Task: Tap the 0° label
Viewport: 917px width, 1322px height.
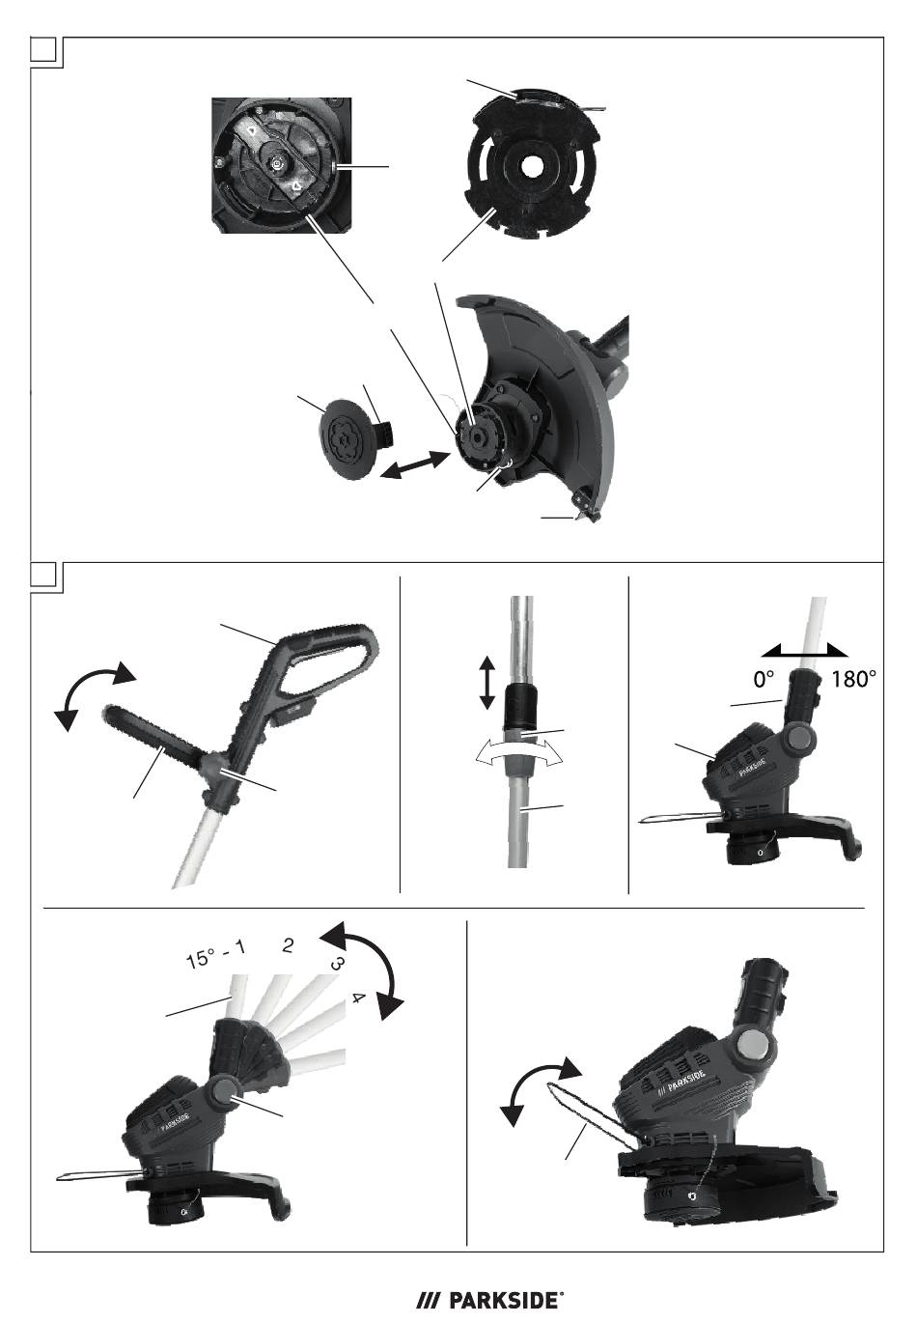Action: pyautogui.click(x=764, y=679)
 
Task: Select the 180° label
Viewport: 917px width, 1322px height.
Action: pyautogui.click(x=853, y=679)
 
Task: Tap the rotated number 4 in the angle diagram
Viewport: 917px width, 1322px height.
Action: pyautogui.click(x=358, y=999)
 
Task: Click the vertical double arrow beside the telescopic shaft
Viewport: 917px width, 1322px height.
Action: pyautogui.click(x=486, y=684)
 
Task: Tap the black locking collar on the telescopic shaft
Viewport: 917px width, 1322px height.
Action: pyautogui.click(x=521, y=706)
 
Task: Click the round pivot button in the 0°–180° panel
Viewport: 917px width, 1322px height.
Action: pyautogui.click(x=799, y=739)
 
